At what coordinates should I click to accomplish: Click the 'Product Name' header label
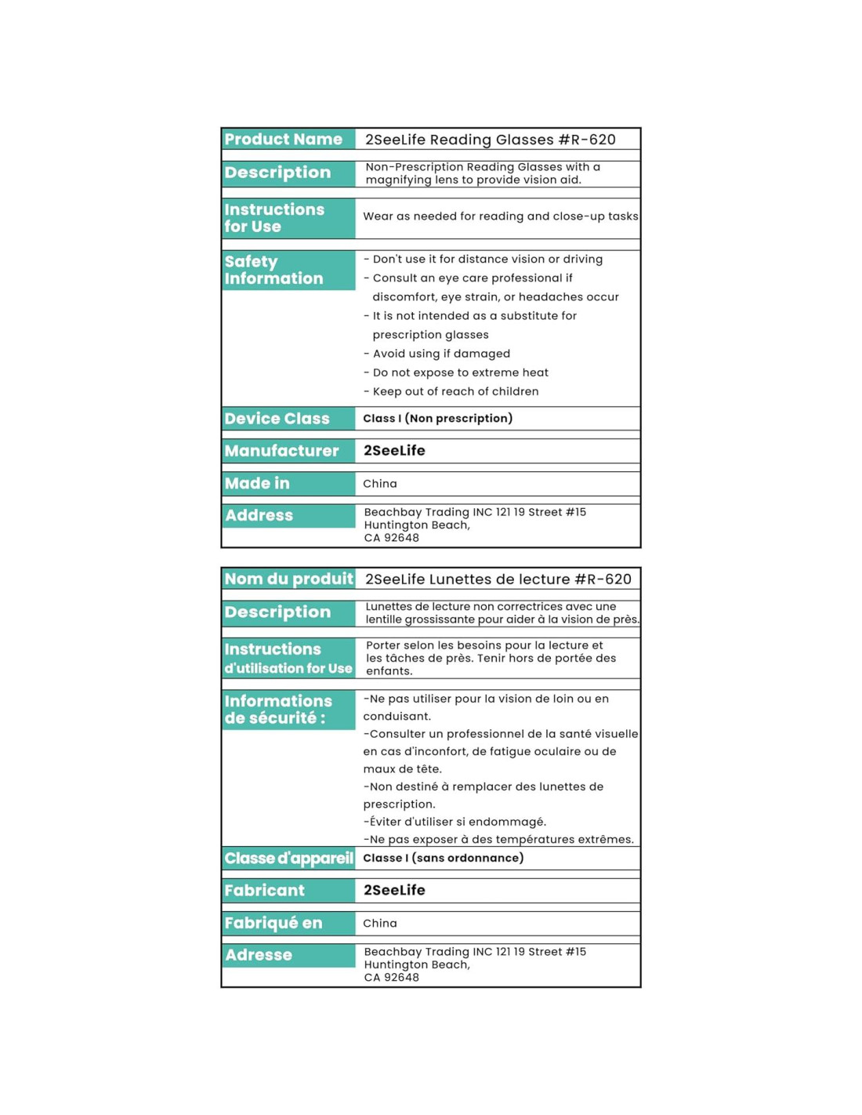[283, 140]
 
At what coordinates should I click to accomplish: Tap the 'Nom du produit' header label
[288, 579]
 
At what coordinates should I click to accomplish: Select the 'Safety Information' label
[273, 271]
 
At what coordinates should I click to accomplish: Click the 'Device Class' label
[277, 419]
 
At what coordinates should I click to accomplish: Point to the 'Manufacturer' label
[281, 451]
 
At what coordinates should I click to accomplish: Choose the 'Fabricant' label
[264, 891]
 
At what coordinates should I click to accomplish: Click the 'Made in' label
[257, 484]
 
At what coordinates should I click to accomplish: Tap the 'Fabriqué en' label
[273, 924]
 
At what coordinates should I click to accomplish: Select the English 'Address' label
[259, 516]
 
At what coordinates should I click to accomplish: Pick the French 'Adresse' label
[258, 956]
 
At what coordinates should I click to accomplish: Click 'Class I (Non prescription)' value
[437, 419]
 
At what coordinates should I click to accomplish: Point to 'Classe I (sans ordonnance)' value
[443, 859]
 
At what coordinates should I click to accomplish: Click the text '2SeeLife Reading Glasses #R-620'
[490, 140]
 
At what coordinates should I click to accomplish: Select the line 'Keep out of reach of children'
[455, 392]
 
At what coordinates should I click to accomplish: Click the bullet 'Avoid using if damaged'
[440, 354]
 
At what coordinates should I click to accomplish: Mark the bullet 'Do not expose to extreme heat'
[459, 373]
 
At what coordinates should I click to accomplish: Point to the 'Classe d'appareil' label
[288, 859]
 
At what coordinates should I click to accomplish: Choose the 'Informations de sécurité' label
[277, 710]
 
